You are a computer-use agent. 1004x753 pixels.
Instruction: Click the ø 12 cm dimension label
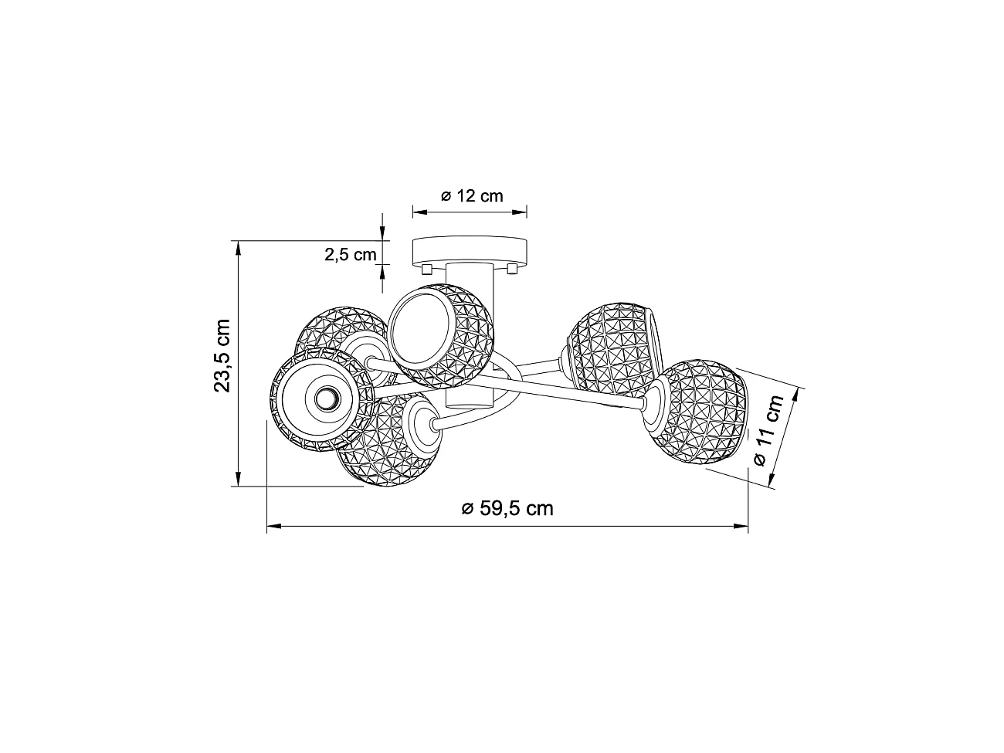(472, 195)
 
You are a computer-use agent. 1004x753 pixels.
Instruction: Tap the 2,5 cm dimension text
(350, 254)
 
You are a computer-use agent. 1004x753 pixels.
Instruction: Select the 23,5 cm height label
(223, 354)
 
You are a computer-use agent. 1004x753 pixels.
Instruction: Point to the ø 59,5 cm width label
(507, 508)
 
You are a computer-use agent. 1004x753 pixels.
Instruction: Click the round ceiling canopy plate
(470, 250)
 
